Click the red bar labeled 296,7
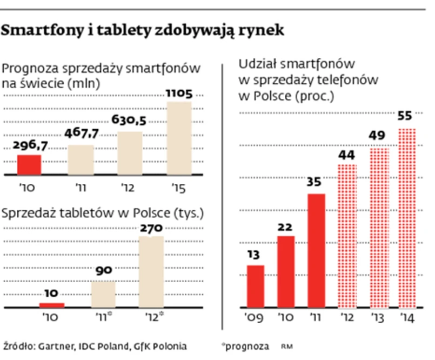(x=29, y=165)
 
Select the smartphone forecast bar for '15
(x=179, y=138)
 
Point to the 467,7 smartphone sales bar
(x=81, y=160)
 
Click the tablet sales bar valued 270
(x=151, y=272)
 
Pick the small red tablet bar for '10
(x=52, y=305)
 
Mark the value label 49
(x=377, y=135)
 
